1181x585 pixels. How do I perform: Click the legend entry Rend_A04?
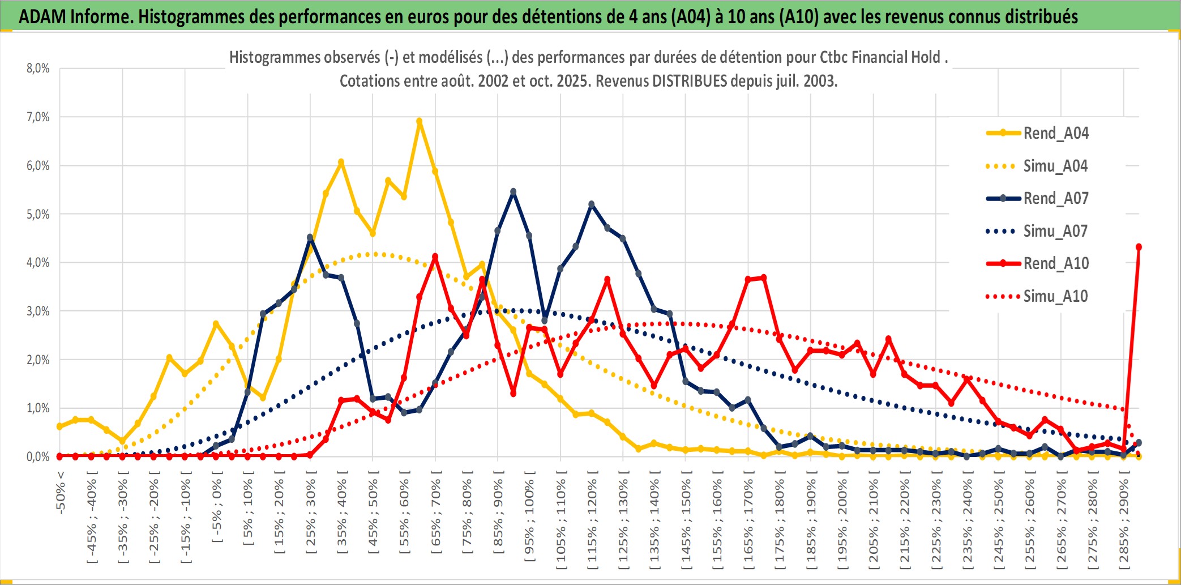[1055, 133]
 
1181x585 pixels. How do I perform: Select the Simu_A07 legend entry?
[1055, 231]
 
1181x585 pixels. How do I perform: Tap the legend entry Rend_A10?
[1055, 263]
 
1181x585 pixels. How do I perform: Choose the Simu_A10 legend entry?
[1055, 296]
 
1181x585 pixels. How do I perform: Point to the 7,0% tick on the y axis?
[38, 117]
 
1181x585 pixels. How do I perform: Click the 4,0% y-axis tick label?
[38, 263]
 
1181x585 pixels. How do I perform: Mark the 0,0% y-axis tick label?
[38, 456]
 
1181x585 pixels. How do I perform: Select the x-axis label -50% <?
[61, 493]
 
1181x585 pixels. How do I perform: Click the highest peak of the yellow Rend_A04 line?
[420, 121]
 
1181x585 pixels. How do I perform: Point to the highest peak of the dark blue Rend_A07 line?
[513, 192]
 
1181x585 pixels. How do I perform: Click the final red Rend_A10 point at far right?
[1139, 247]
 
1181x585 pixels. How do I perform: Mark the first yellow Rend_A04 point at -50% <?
[60, 426]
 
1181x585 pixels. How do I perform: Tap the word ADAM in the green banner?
[42, 16]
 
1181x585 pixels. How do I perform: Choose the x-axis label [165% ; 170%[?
[748, 521]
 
